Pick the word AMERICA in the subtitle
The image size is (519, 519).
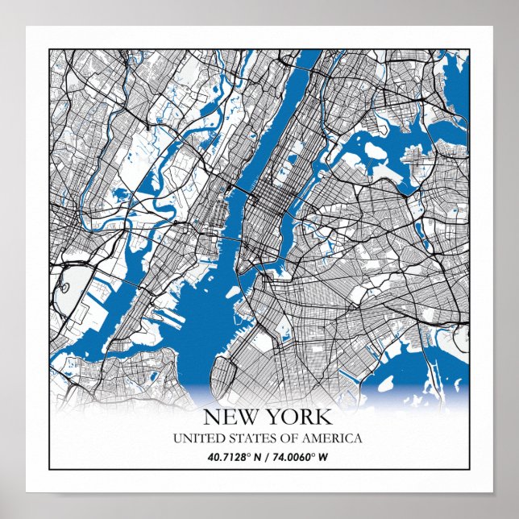click(332, 438)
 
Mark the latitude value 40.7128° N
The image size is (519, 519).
click(228, 458)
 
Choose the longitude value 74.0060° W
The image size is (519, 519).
click(300, 458)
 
